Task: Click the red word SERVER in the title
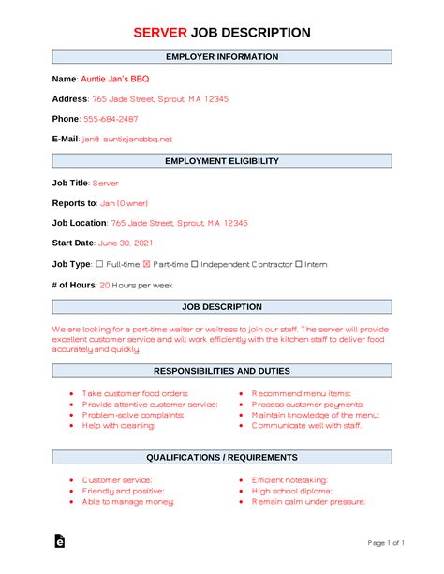[161, 32]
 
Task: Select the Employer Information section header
[222, 56]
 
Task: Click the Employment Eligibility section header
[222, 161]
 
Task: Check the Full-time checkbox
[100, 264]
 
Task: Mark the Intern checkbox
[299, 264]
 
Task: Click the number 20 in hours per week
[105, 285]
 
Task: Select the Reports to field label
[74, 202]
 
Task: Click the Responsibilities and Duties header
[222, 371]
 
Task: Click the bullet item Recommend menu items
[302, 393]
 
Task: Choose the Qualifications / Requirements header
[222, 457]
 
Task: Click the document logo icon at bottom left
[60, 542]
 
